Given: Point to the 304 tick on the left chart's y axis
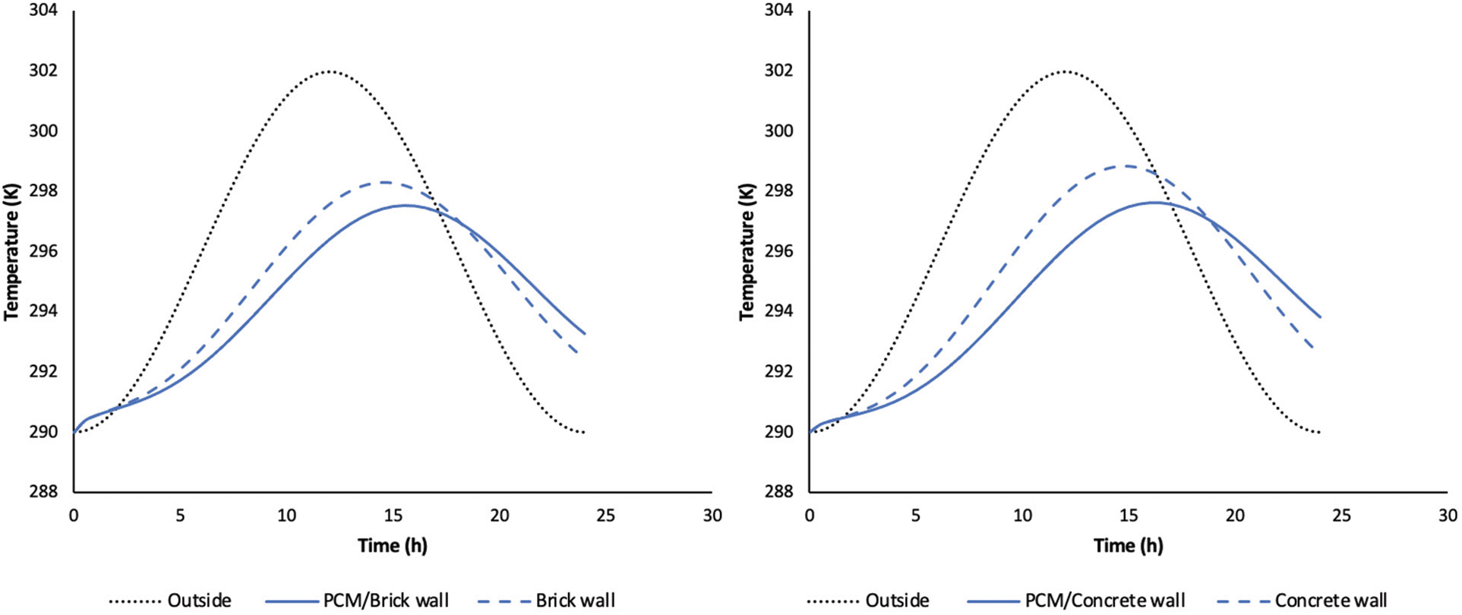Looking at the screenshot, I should click(43, 11).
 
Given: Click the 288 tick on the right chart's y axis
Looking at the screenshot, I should click(779, 492).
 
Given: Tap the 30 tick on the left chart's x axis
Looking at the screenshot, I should click(712, 516).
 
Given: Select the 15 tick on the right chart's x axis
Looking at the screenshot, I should click(1129, 516).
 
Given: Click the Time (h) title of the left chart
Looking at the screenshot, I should click(393, 546).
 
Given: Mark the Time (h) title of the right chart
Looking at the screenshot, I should click(1129, 546).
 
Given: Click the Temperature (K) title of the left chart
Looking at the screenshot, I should click(11, 251).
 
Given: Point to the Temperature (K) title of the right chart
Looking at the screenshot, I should click(747, 251).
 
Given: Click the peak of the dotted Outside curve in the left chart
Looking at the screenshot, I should click(329, 71).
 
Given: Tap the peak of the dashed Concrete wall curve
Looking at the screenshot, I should click(1126, 166).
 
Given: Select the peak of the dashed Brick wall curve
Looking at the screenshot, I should click(384, 182).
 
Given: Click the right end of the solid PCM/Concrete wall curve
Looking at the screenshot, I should click(1321, 317).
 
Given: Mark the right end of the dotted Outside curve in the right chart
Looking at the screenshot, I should click(1321, 432).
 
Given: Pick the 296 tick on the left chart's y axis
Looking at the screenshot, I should click(43, 251).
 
